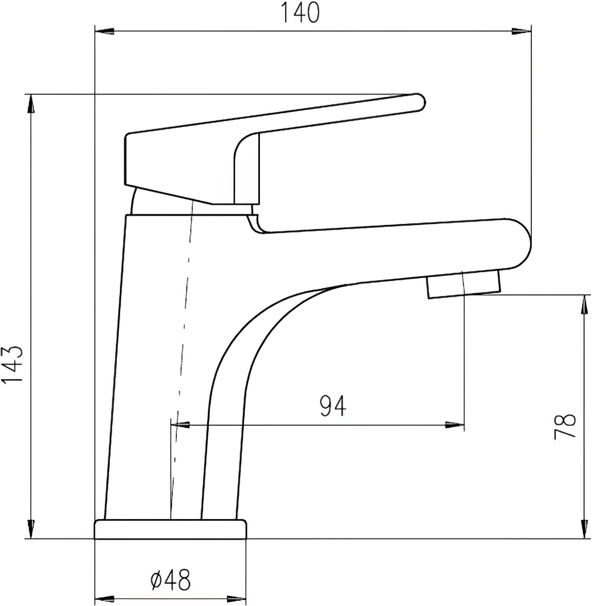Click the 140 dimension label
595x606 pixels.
(x=300, y=13)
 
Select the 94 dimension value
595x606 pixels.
(x=333, y=406)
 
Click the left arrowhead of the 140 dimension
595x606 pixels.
(x=105, y=32)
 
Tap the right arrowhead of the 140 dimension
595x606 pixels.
(x=522, y=32)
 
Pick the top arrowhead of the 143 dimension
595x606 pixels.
(x=31, y=104)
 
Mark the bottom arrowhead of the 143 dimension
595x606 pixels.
(x=31, y=529)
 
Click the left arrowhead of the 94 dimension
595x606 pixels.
(x=180, y=425)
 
